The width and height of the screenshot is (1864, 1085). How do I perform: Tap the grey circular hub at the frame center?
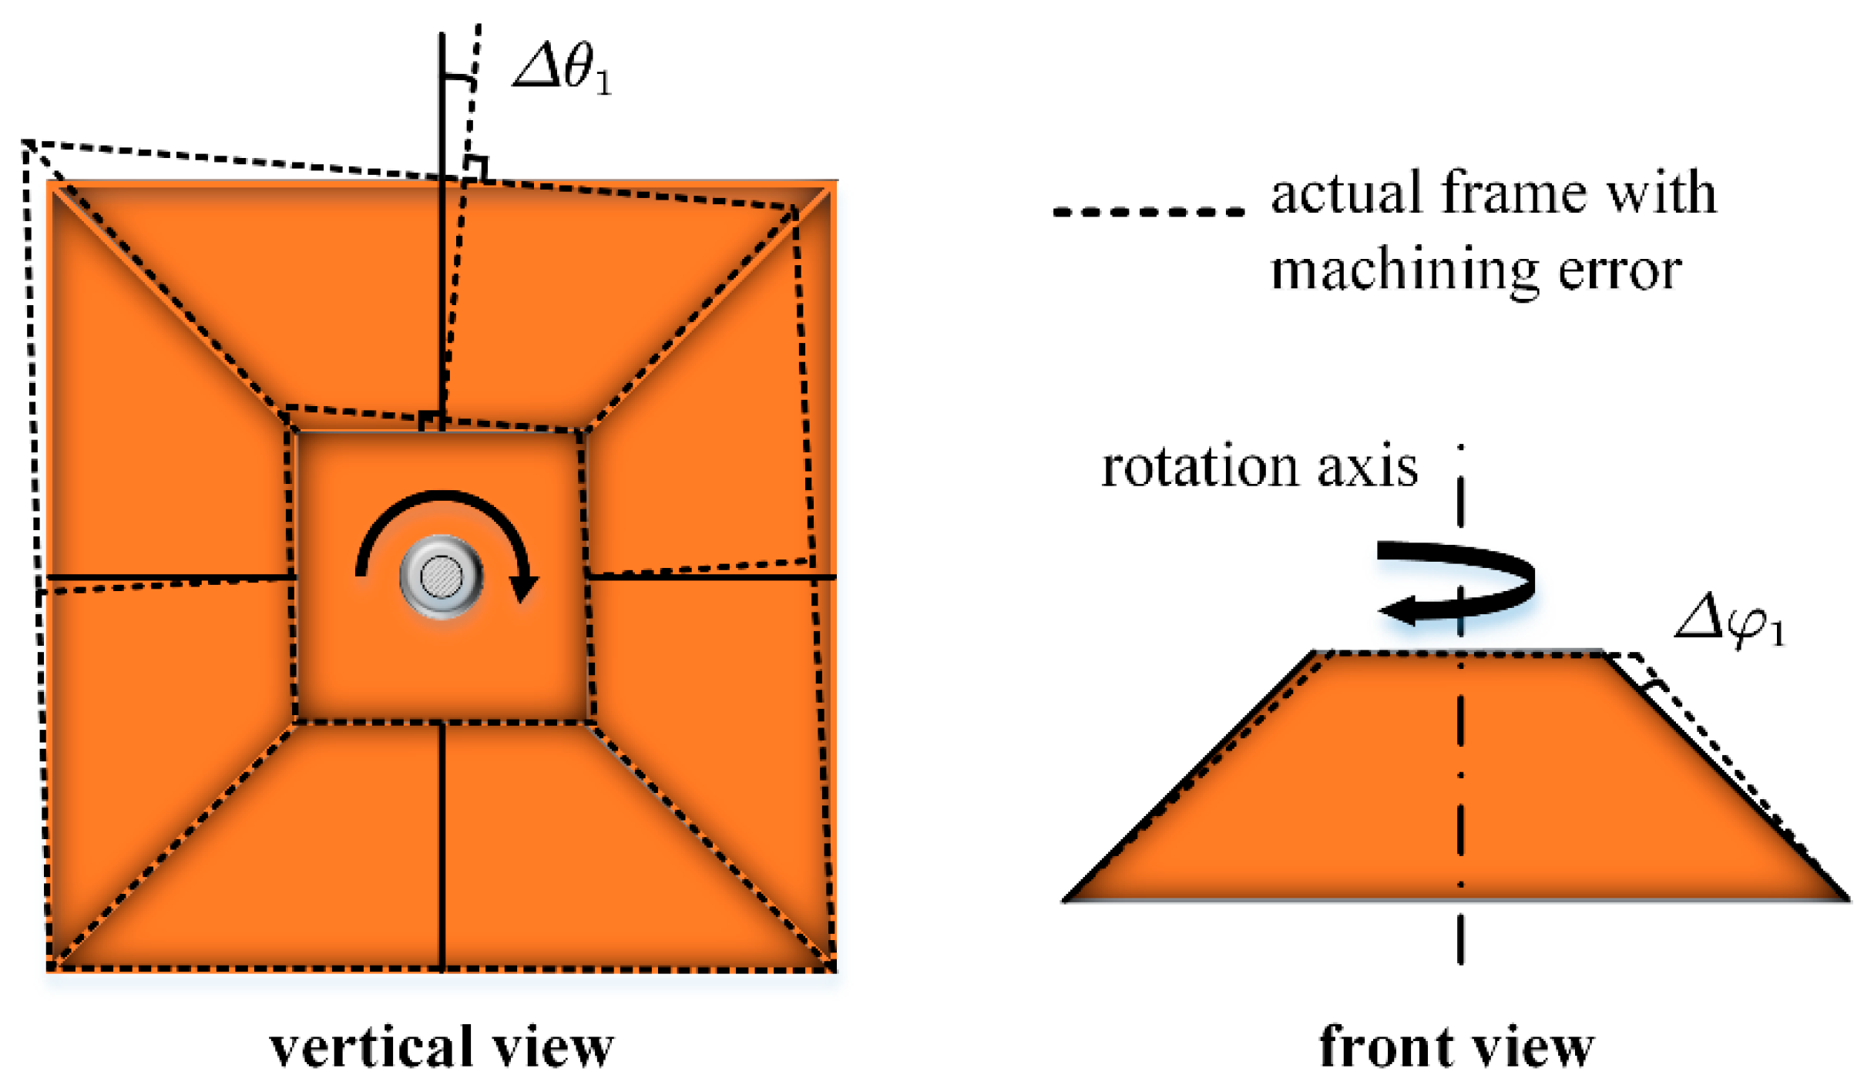click(x=442, y=576)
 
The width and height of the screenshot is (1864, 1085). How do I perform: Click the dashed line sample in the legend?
click(x=1148, y=211)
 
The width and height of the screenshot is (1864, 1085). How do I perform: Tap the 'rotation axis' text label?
click(x=1259, y=467)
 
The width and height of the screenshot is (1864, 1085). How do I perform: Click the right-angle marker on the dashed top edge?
click(x=477, y=168)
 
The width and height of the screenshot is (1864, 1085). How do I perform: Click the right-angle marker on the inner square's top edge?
click(x=432, y=421)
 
